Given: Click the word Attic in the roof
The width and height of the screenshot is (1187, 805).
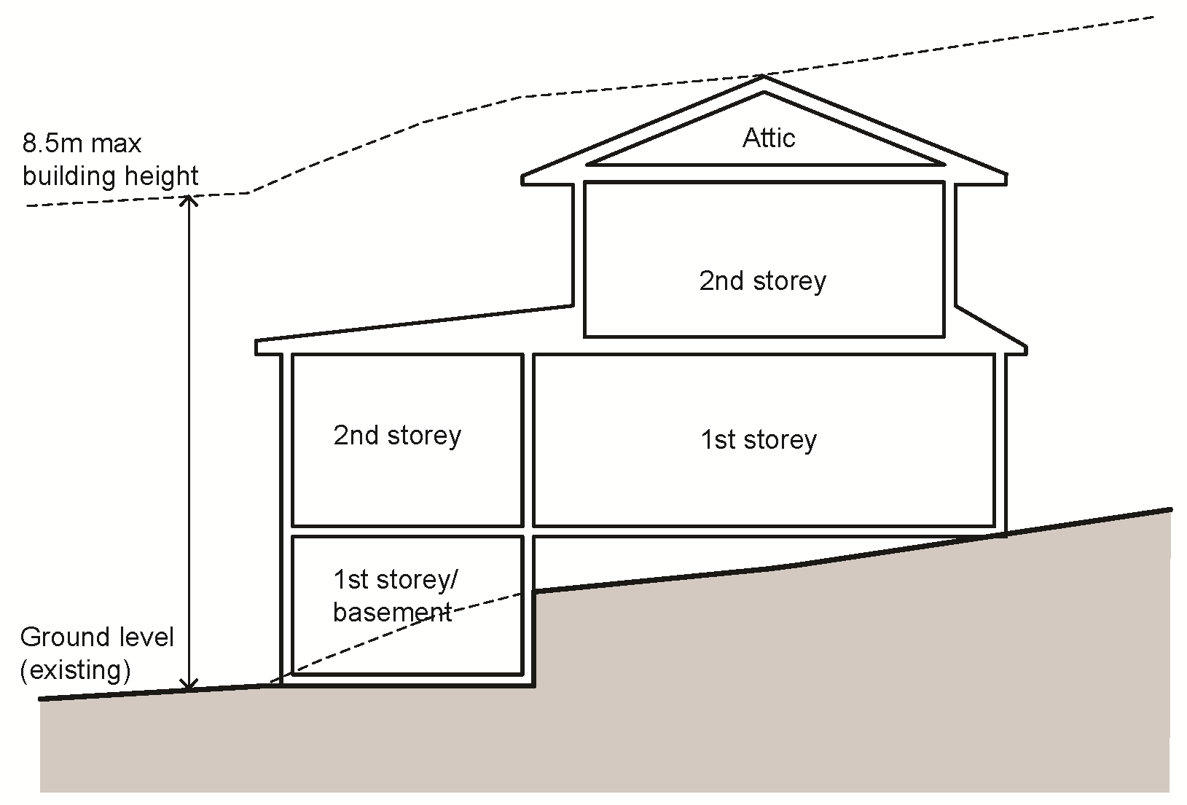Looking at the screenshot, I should (768, 138).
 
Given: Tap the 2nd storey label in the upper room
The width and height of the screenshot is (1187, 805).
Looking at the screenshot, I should (762, 281).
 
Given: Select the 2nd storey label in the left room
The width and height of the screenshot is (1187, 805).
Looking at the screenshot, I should (397, 436).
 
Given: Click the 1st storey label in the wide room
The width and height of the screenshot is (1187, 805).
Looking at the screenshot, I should (759, 440).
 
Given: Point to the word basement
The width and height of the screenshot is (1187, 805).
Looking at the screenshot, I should (392, 612).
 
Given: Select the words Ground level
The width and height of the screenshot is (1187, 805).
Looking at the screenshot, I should (97, 637).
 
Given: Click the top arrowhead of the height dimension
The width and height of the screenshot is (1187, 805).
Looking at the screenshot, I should (189, 198).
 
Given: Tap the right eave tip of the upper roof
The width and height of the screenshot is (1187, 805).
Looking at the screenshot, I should (1006, 178).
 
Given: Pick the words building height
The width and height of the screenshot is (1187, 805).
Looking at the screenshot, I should (111, 176).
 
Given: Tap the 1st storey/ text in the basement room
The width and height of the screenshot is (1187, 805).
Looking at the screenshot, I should (396, 580).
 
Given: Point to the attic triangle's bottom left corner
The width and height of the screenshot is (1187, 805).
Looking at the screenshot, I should (589, 164).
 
